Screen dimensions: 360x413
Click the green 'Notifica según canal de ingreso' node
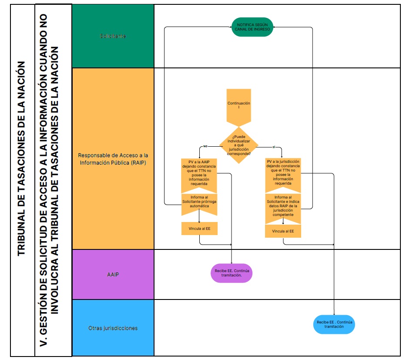[252, 27]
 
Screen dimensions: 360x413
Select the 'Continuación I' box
[238, 106]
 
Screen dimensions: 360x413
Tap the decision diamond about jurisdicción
[238, 145]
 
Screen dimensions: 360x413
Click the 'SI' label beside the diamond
[274, 147]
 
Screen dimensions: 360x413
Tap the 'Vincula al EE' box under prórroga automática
[199, 229]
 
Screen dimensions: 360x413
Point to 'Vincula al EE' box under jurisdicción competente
[283, 231]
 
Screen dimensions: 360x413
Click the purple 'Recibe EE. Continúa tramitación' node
[231, 273]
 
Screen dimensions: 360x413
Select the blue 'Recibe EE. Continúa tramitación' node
[334, 324]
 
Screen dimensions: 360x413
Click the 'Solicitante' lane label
[113, 36]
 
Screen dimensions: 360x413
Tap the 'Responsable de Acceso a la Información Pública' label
[113, 159]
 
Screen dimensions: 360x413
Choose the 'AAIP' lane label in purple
[113, 275]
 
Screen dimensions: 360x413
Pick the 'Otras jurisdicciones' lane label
[113, 328]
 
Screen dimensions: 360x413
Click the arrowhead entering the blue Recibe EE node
[334, 314]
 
